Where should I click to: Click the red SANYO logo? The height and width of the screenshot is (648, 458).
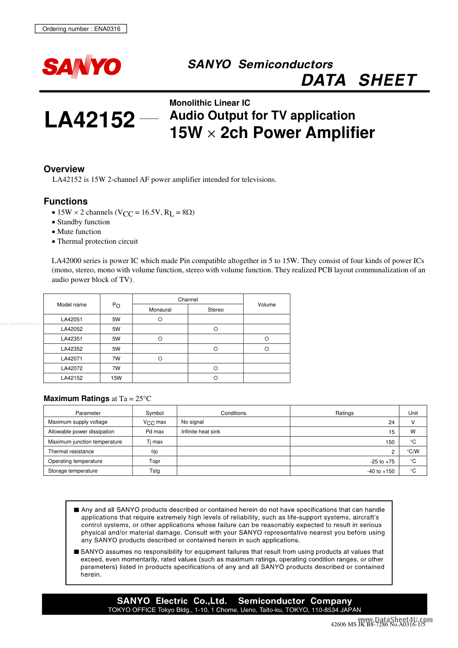(x=82, y=67)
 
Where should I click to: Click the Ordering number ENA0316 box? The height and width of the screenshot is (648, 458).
(x=81, y=29)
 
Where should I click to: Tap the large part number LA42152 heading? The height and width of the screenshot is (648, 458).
(x=90, y=120)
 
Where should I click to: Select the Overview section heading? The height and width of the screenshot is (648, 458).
(x=64, y=169)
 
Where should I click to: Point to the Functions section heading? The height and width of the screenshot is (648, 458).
(x=66, y=201)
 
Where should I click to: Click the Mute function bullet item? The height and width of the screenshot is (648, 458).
(x=79, y=232)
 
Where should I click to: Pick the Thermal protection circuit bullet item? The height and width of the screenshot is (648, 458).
(x=97, y=241)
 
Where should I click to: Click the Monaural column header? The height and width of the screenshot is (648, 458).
(x=160, y=310)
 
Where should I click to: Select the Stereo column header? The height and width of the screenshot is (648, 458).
(x=216, y=310)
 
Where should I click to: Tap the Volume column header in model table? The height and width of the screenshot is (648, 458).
(x=266, y=305)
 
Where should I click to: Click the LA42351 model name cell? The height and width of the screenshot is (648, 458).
(x=72, y=339)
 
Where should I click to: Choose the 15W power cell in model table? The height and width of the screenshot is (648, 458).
(x=116, y=378)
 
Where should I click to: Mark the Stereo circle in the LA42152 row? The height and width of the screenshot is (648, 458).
(x=216, y=378)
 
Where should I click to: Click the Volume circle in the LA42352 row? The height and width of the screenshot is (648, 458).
(x=266, y=349)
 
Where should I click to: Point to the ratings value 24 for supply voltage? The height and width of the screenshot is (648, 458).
(x=391, y=422)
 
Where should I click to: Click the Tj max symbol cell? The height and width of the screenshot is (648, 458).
(x=155, y=442)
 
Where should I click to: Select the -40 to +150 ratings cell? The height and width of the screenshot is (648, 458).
(x=381, y=471)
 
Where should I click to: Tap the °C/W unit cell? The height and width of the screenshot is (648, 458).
(x=413, y=451)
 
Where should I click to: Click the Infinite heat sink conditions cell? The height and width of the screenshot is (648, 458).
(x=201, y=432)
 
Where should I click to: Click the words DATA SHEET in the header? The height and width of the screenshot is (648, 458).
(x=359, y=80)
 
